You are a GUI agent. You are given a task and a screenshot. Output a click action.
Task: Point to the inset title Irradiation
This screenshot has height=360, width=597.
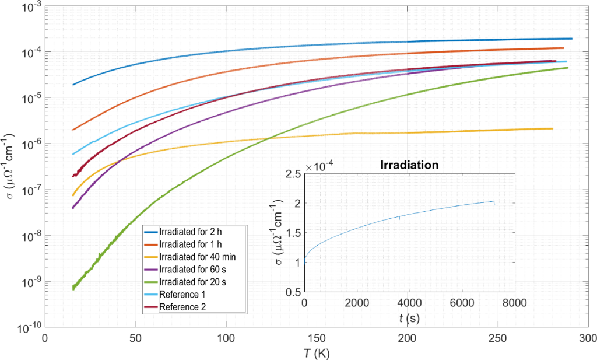coord(409,165)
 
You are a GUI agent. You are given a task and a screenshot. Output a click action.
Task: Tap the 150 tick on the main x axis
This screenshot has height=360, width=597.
coord(317,337)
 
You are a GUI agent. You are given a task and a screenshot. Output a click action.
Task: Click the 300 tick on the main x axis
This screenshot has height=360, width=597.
coord(588,337)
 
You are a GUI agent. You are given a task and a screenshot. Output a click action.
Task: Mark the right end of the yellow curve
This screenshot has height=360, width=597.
coord(552,128)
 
